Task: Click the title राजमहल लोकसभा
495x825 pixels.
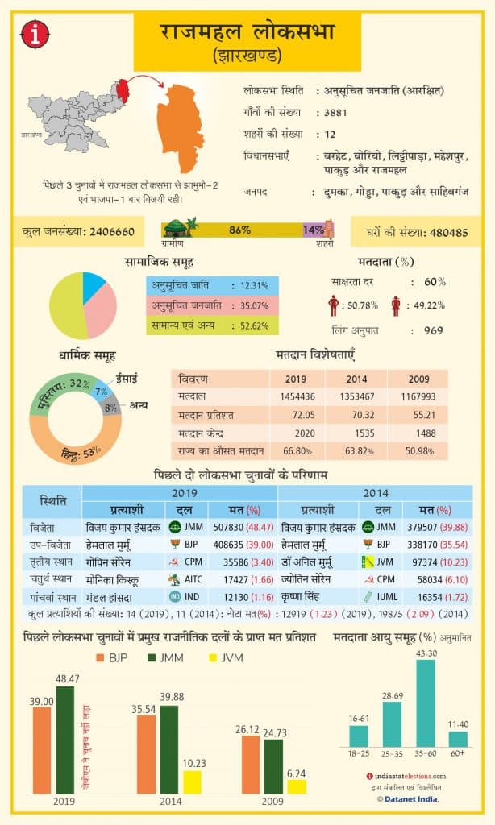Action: click(247, 35)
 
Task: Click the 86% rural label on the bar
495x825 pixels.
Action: click(239, 230)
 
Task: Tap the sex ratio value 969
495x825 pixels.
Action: click(434, 330)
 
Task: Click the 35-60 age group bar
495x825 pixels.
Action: click(425, 703)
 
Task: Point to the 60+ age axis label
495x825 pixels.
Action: click(458, 754)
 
